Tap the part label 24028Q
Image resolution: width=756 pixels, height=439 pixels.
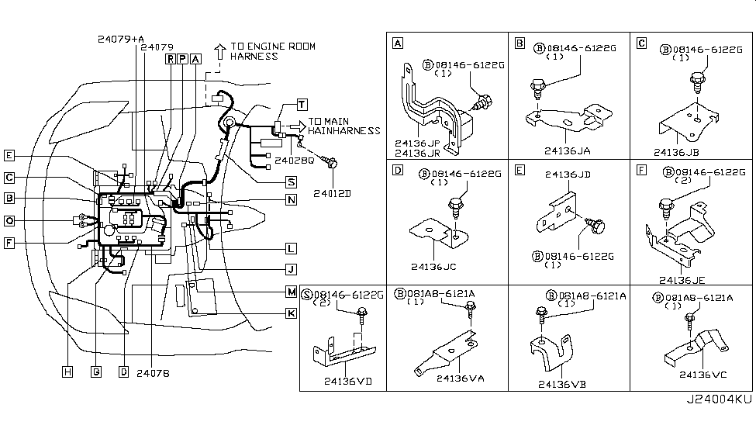(295, 161)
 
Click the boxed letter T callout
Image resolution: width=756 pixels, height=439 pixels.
(302, 104)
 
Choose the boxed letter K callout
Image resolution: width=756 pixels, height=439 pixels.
(291, 313)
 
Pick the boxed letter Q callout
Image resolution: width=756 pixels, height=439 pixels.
(9, 220)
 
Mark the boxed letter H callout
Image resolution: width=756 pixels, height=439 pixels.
(68, 372)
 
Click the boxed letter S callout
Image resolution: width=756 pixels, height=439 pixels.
(291, 182)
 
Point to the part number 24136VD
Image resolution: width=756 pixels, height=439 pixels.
(347, 381)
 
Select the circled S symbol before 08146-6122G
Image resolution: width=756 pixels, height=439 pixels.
(306, 295)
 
